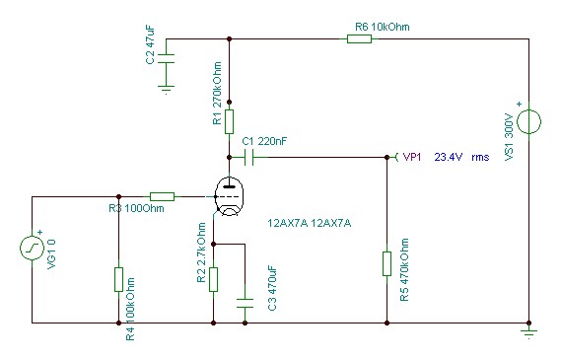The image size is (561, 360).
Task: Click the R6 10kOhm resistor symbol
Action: [359, 38]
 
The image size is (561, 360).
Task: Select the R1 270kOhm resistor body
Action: [230, 121]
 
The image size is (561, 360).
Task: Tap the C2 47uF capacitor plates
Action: [166, 59]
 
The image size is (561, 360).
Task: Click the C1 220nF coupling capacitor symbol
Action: [249, 157]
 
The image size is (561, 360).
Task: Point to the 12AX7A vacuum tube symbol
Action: [229, 197]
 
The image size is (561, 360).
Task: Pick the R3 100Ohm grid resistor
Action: [162, 196]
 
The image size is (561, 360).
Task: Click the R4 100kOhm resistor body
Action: [118, 279]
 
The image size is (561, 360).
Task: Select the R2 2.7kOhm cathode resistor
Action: [213, 279]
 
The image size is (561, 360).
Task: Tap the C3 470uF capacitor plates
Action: [245, 303]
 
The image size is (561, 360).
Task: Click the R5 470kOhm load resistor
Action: [386, 263]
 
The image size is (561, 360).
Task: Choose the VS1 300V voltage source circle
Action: [528, 121]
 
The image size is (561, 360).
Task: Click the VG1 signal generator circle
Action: [32, 248]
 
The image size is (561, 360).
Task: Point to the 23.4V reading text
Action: [449, 157]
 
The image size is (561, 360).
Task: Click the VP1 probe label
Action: [412, 157]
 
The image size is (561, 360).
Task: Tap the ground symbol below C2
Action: [166, 90]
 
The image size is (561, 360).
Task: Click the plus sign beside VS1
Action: [520, 105]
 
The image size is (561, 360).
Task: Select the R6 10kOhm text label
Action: [383, 27]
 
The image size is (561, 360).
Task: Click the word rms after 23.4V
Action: [480, 158]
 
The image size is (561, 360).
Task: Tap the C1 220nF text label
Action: [264, 141]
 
